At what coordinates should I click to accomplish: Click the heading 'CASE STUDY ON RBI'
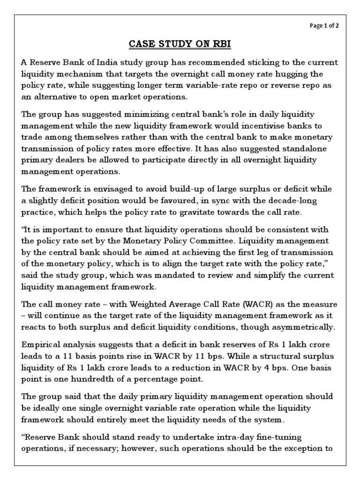[180, 45]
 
